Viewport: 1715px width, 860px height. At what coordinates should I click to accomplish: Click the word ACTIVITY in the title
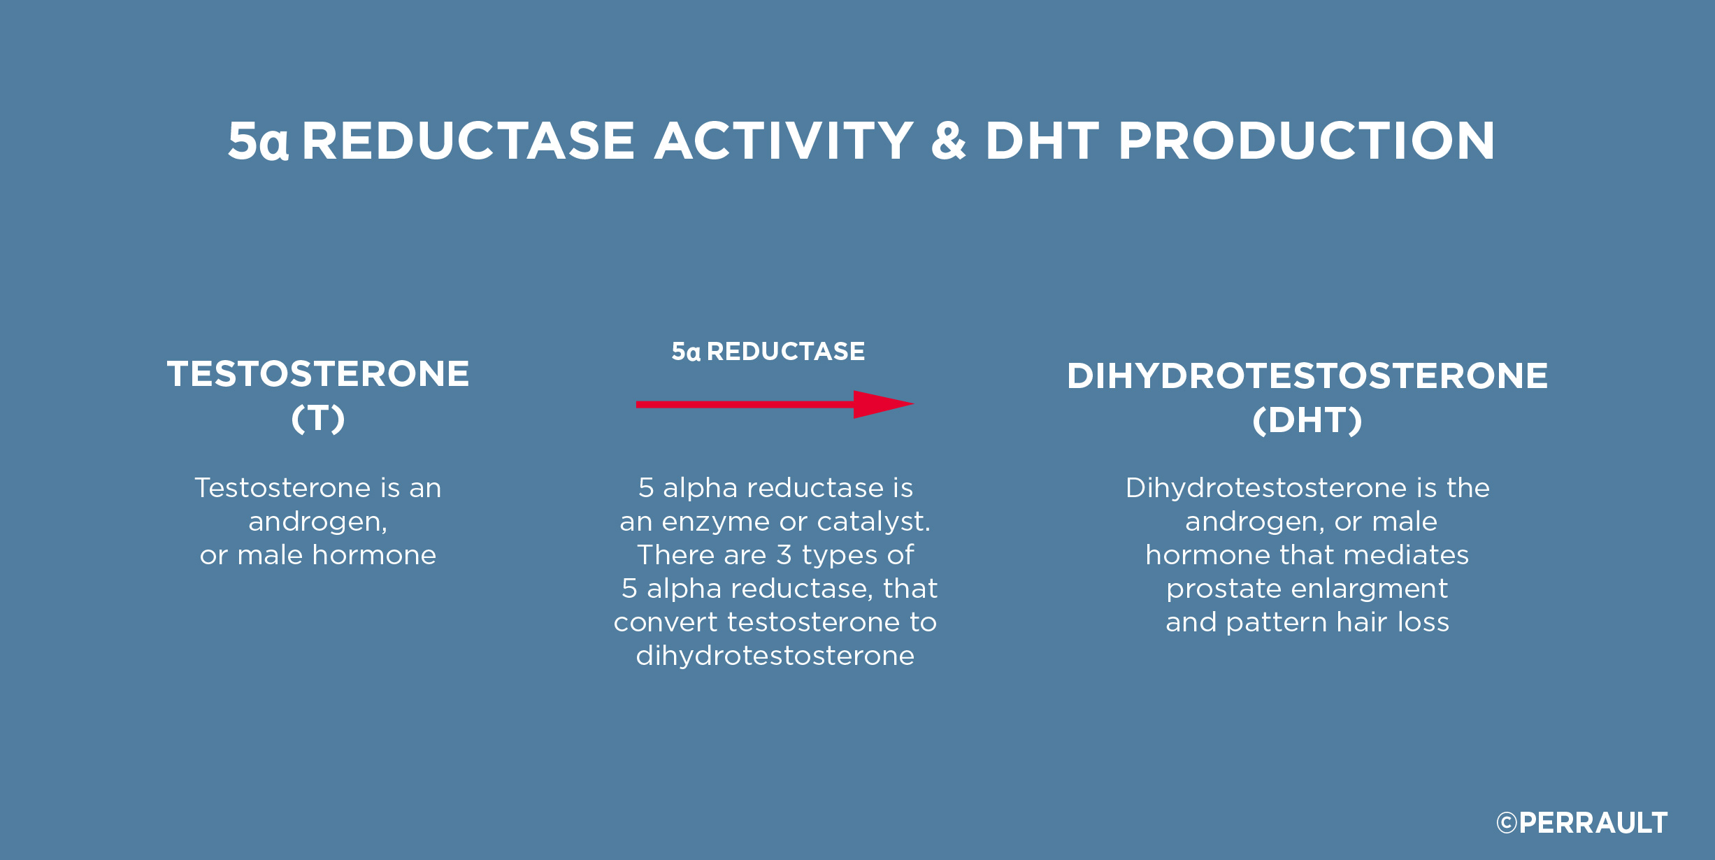pyautogui.click(x=783, y=141)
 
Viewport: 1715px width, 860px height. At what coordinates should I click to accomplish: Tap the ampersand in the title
pyautogui.click(x=949, y=141)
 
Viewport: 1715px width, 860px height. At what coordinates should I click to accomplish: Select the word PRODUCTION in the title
pyautogui.click(x=1306, y=141)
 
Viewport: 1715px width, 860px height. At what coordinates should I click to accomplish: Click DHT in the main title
pyautogui.click(x=1042, y=141)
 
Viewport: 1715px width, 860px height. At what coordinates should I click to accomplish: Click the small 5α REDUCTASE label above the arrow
pyautogui.click(x=768, y=351)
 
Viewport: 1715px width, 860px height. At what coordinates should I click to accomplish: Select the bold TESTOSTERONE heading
pyautogui.click(x=318, y=373)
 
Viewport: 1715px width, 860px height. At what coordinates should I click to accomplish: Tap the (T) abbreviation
pyautogui.click(x=318, y=419)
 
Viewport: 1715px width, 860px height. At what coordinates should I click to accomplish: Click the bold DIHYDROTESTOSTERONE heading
pyautogui.click(x=1307, y=375)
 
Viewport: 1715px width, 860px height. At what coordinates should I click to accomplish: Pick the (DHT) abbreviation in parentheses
pyautogui.click(x=1307, y=421)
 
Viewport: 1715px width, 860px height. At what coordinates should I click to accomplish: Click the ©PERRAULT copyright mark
pyautogui.click(x=1582, y=823)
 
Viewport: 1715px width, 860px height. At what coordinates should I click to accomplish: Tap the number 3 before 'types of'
pyautogui.click(x=784, y=555)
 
